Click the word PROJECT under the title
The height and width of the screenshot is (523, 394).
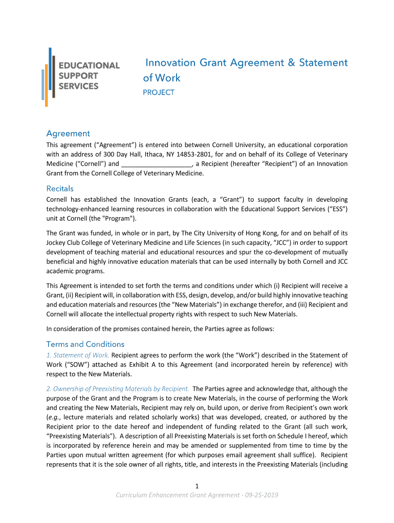coord(158,92)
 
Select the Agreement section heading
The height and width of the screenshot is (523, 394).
coord(68,133)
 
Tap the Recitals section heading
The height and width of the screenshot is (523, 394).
coord(60,188)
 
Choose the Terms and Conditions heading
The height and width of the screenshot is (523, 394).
coord(85,344)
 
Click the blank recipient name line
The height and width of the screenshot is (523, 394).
coord(157,164)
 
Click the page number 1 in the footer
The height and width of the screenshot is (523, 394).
coord(197,486)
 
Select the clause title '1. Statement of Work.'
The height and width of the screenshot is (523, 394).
coord(78,355)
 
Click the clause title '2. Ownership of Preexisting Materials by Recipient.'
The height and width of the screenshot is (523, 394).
coord(118,389)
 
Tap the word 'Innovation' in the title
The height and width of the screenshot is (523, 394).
coord(170,63)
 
